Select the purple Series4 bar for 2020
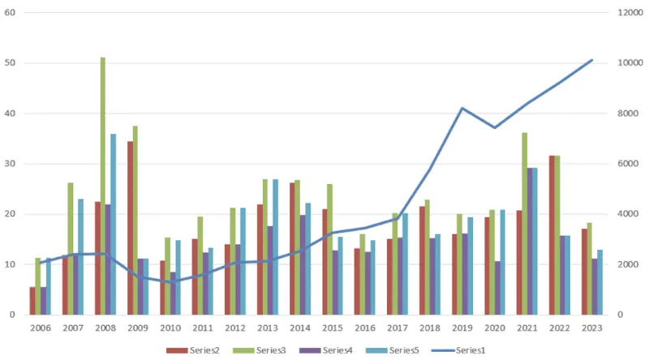point(497,287)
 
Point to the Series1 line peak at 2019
point(462,109)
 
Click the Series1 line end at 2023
point(591,60)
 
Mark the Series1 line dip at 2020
point(494,127)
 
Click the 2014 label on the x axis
point(300,329)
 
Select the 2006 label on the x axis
point(41,329)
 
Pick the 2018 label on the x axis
point(430,329)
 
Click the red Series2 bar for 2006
point(32,301)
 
